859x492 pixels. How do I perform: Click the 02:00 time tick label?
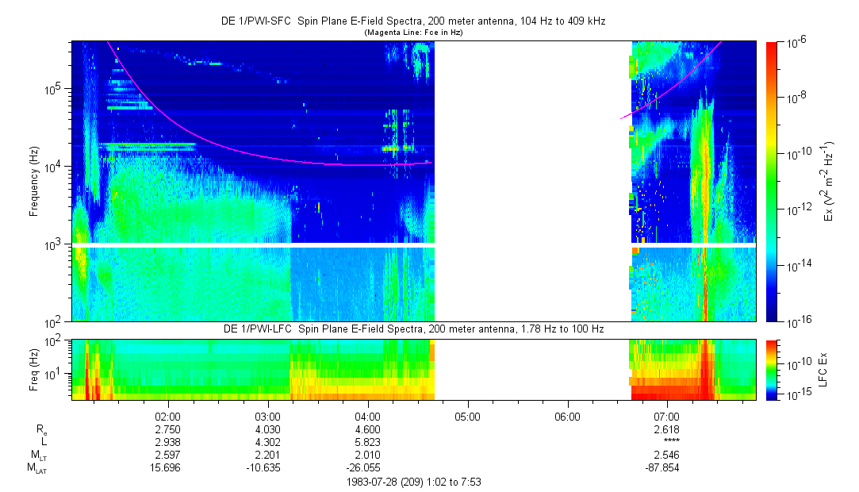point(168,416)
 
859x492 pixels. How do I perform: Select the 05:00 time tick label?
point(467,416)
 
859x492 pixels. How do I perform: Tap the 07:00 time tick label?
point(667,416)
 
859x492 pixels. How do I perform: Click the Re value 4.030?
point(268,429)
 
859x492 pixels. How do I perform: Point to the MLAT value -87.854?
point(667,468)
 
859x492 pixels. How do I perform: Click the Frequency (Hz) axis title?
point(34,182)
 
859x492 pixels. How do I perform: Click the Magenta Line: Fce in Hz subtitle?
point(412,33)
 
